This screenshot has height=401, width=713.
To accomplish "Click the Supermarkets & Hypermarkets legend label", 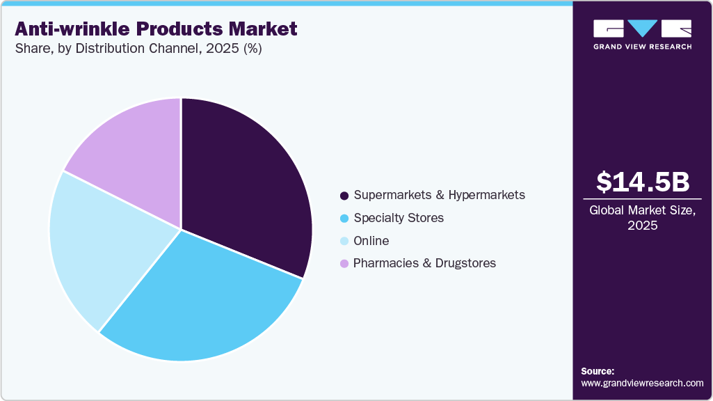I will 439,195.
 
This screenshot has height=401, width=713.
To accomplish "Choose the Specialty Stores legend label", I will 398,218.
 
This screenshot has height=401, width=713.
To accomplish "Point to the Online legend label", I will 371,241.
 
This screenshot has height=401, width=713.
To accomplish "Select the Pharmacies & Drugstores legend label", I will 424,263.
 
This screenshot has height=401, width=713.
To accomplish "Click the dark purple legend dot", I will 344,196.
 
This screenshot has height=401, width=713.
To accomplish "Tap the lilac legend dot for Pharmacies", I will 344,264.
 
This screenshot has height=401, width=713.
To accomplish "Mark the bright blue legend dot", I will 344,219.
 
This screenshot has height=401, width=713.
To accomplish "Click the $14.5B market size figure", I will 643,182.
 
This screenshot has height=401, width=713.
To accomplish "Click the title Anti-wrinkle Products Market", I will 156,29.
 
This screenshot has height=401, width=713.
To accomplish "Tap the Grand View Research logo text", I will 642,47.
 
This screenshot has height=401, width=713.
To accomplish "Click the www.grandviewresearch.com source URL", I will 642,384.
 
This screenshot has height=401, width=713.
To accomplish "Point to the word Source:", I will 598,371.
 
